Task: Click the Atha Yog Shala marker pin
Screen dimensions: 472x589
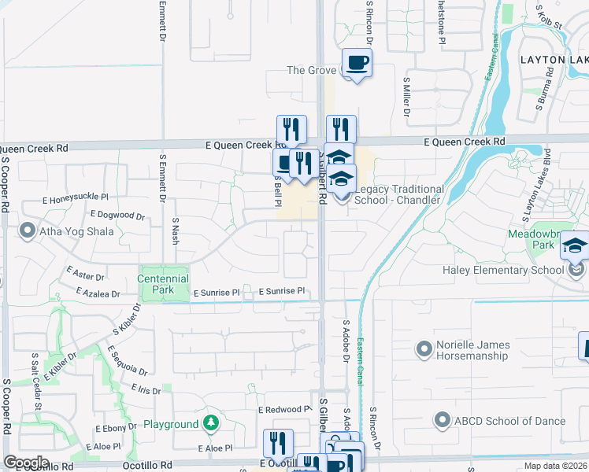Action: coord(28,231)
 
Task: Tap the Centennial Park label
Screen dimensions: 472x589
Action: coord(163,285)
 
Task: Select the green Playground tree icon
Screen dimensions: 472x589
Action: coord(211,424)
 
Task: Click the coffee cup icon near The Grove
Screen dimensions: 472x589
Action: coord(357,63)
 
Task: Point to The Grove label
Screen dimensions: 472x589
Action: coord(311,70)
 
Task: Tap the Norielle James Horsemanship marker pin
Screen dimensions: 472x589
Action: coord(425,347)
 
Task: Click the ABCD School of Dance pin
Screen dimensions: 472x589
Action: coord(442,421)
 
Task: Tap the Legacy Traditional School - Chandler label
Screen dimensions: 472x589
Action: coord(400,194)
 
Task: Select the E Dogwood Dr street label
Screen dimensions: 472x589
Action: coord(118,215)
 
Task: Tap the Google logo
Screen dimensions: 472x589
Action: coord(26,463)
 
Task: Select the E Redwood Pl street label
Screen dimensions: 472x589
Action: coord(284,410)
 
